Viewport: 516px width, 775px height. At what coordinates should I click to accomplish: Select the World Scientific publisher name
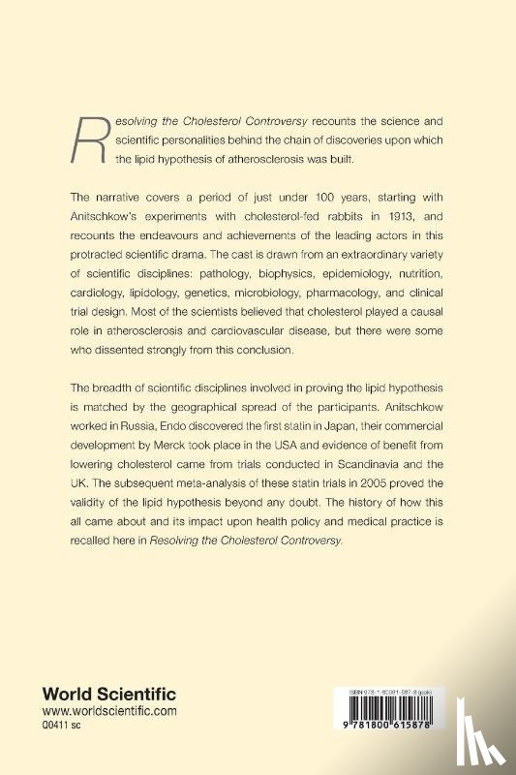(x=107, y=694)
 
